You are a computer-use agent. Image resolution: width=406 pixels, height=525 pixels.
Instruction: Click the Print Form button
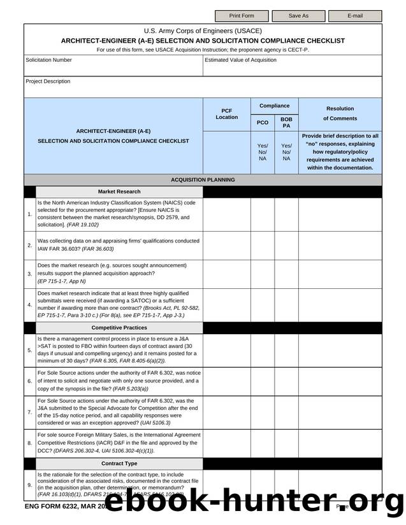pos(242,15)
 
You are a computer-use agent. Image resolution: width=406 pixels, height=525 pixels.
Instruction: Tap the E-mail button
pos(355,15)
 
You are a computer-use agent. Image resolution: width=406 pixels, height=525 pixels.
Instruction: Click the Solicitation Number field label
pos(48,60)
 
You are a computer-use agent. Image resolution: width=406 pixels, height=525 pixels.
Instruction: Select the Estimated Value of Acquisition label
pos(240,60)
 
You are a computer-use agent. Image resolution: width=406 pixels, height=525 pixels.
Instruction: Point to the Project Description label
pos(48,81)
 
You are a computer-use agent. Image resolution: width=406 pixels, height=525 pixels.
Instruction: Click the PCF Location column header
pos(226,114)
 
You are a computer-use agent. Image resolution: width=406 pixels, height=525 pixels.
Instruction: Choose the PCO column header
pos(262,122)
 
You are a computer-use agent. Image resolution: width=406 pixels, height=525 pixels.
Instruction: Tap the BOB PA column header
pos(286,122)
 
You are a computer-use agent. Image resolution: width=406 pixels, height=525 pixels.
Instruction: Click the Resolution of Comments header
pos(340,113)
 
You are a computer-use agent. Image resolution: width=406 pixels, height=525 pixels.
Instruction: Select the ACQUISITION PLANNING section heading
pos(203,180)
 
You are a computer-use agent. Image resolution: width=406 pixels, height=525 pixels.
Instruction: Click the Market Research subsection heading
pos(119,192)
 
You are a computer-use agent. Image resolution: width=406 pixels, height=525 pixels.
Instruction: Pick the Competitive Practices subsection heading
pos(119,328)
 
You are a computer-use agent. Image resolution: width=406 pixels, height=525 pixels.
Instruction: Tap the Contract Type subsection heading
pos(119,464)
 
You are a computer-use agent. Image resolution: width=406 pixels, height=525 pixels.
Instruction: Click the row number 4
pos(30,305)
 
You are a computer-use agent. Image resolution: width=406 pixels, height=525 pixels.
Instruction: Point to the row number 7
pos(30,412)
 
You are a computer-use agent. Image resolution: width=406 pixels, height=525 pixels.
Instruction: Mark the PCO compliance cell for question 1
pos(262,214)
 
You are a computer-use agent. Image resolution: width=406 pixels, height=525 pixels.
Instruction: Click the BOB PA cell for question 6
pos(286,381)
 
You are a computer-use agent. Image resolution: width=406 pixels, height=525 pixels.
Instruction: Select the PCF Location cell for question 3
pos(226,274)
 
